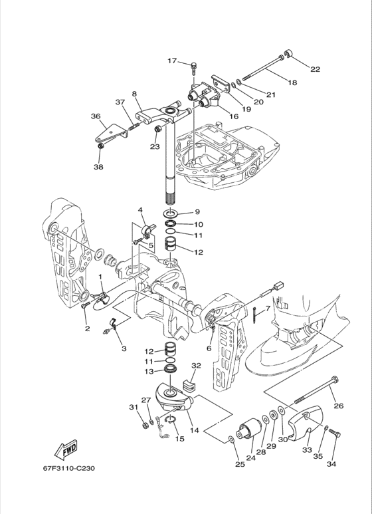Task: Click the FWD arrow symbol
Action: point(66,450)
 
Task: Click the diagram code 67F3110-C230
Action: point(69,468)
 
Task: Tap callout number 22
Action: point(315,69)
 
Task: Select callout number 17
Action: point(172,61)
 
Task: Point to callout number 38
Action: point(98,167)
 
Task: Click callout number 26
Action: point(339,406)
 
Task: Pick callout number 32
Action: point(196,366)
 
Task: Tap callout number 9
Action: point(197,211)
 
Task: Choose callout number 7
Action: point(268,309)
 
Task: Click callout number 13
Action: point(149,372)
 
